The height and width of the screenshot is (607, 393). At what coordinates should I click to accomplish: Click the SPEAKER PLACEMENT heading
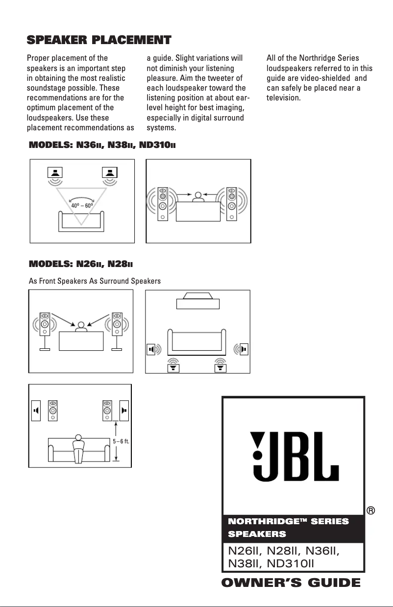tap(98, 39)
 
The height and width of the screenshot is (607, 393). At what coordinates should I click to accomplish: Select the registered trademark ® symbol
tap(371, 510)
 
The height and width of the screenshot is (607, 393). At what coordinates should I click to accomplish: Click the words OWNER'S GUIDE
tap(291, 583)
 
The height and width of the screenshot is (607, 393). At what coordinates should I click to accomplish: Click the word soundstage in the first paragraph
tap(48, 89)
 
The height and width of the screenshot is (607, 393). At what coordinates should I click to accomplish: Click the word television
tap(283, 98)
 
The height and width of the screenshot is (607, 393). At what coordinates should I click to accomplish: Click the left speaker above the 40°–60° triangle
tap(55, 173)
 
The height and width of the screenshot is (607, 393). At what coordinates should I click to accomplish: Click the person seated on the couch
tap(78, 447)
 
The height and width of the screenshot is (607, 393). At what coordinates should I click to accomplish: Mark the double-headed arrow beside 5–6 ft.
tap(116, 440)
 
